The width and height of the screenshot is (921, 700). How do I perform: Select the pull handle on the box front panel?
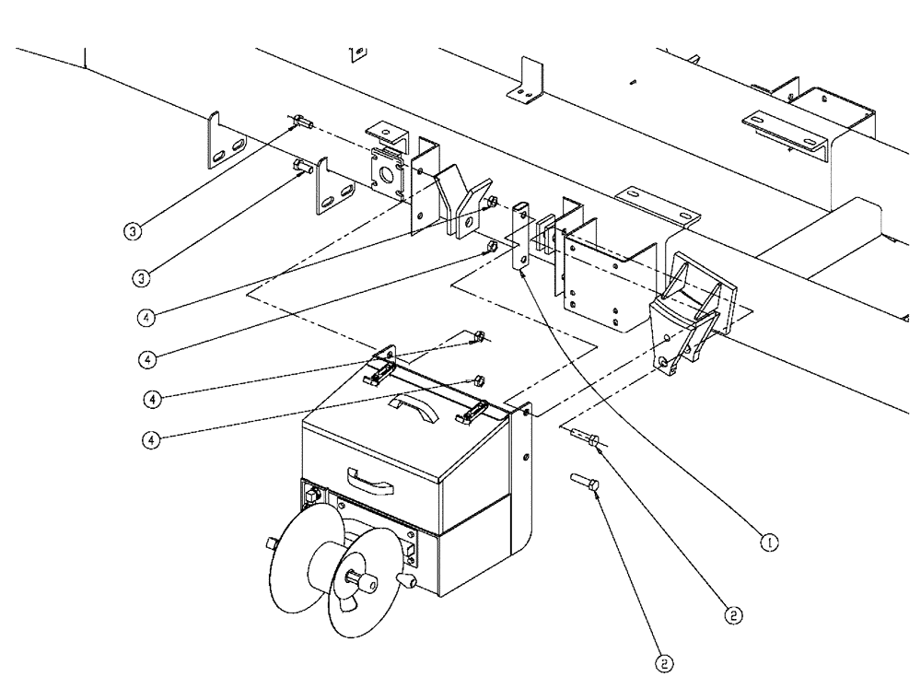point(367,478)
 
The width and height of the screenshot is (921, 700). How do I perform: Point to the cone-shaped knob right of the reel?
point(404,581)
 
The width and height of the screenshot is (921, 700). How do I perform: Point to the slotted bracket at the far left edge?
point(225,143)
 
